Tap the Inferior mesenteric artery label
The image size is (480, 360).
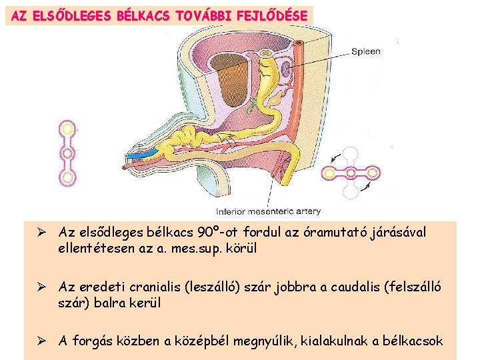click(x=277, y=211)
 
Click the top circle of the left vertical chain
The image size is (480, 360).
click(x=67, y=128)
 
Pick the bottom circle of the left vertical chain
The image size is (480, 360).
click(x=67, y=178)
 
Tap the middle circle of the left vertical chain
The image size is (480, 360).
click(x=67, y=153)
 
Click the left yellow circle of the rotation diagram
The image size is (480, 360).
click(x=330, y=174)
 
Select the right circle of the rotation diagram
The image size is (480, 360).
click(x=374, y=174)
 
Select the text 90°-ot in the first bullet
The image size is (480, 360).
click(x=219, y=233)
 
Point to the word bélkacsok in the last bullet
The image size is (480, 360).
click(x=413, y=341)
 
